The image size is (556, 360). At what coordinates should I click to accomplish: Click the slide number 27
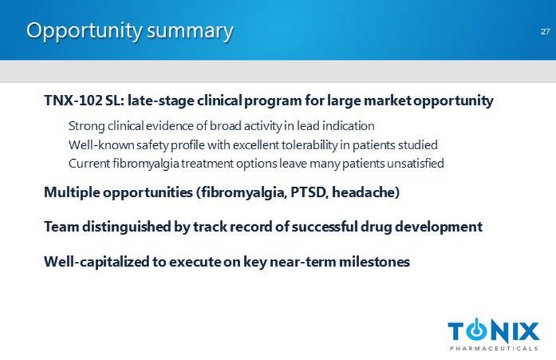545,31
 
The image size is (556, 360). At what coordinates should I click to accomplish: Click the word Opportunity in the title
84,31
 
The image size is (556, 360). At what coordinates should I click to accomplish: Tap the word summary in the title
190,31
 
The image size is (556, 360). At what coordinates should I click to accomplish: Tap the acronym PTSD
308,192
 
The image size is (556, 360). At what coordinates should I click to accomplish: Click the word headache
366,192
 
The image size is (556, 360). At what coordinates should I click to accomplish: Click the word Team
61,226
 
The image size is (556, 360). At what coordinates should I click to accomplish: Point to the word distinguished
126,226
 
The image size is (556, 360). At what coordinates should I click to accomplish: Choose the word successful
324,226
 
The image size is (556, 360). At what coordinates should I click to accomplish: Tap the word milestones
374,262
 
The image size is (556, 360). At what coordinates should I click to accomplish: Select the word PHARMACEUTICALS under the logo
494,348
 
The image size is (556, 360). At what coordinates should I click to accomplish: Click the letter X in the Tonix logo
527,331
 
